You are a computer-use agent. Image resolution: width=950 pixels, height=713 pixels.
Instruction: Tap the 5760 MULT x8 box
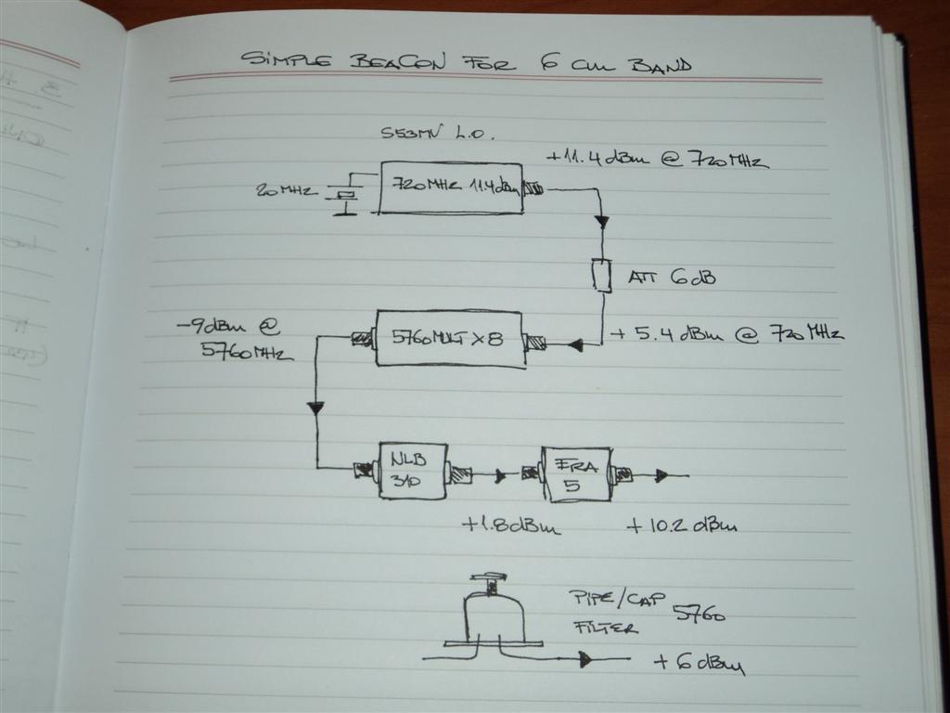448,339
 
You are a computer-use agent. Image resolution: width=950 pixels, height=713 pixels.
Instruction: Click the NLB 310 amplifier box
412,471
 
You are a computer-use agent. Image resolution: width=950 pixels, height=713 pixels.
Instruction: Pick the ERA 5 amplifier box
576,473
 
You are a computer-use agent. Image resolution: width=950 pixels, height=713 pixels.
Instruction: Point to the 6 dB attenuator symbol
602,275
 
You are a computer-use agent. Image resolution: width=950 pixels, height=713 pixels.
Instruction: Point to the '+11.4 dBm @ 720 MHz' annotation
657,160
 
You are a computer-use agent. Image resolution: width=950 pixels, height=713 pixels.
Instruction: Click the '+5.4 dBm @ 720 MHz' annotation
724,334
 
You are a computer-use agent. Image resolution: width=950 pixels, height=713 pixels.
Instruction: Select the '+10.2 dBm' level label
682,525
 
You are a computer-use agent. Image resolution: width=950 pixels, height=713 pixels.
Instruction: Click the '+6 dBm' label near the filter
699,664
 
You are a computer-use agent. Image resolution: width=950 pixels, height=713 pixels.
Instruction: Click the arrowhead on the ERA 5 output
661,476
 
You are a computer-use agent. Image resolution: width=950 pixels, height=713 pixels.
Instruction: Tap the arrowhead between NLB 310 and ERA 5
501,476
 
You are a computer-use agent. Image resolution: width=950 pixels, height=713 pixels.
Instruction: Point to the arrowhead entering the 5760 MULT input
575,345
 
